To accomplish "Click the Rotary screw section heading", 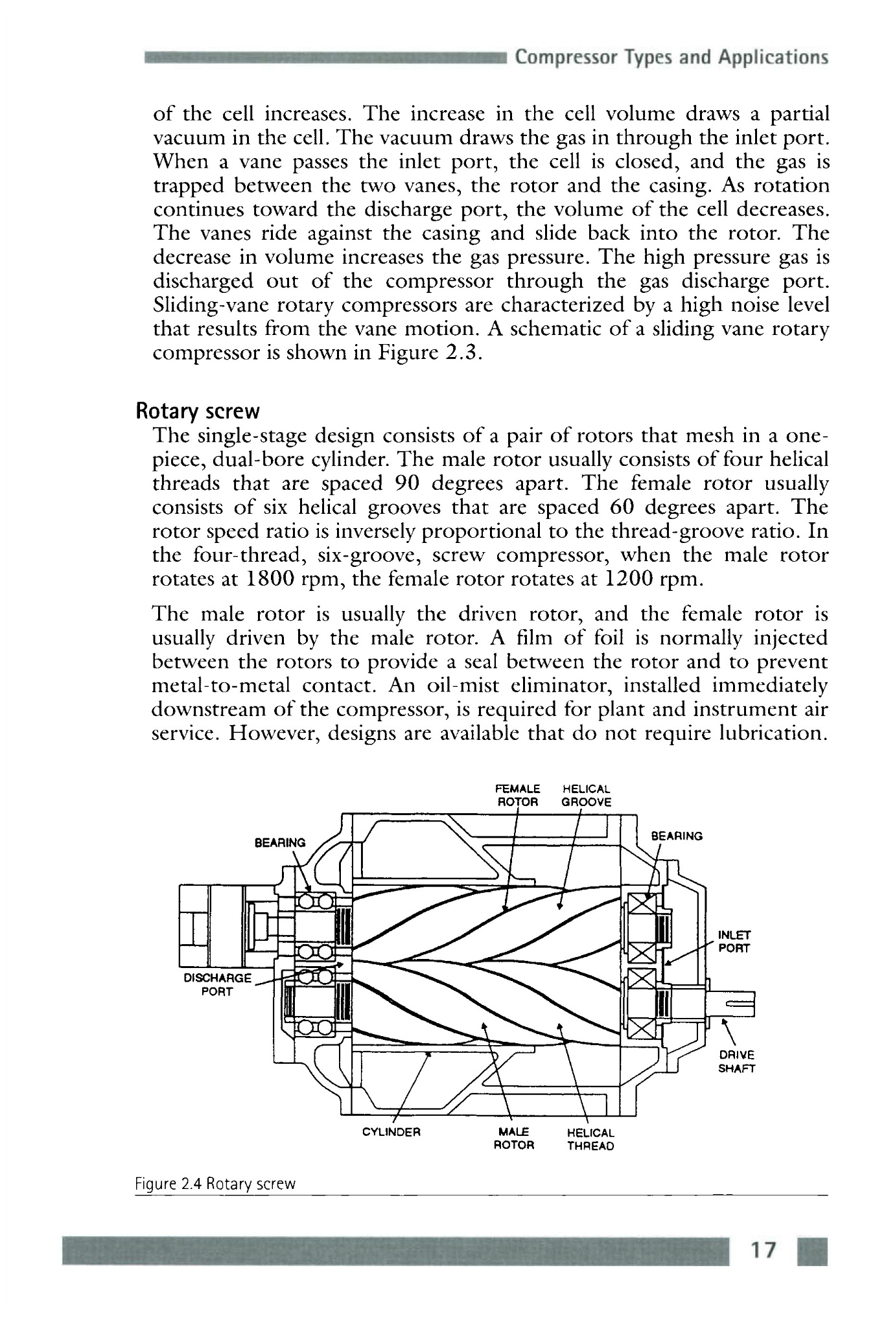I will click(197, 411).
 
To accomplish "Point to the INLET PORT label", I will click(734, 942).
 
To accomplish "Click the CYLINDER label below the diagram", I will click(392, 1133).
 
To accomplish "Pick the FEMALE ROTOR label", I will click(517, 795).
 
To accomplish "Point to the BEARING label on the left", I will click(280, 843).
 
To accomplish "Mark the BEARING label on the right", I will click(677, 836).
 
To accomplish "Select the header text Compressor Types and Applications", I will click(672, 58).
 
